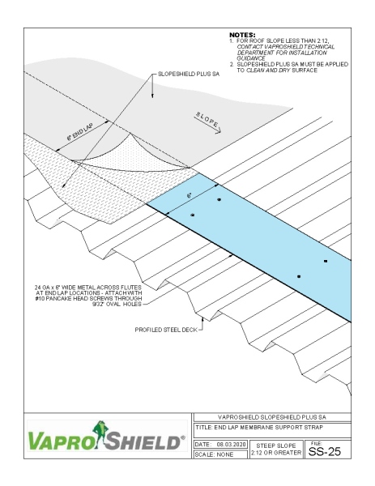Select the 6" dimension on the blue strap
click(190, 195)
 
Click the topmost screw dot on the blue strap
click(218, 199)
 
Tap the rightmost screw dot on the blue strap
click(326, 262)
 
